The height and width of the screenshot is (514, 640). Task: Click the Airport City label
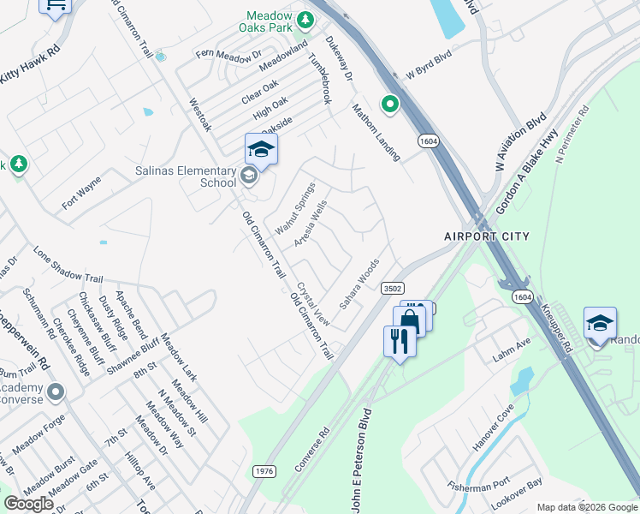pyautogui.click(x=486, y=236)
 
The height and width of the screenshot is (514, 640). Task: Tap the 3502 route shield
pyautogui.click(x=393, y=289)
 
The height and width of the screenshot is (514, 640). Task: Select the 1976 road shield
pyautogui.click(x=264, y=471)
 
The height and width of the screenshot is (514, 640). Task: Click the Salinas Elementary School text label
pyautogui.click(x=185, y=176)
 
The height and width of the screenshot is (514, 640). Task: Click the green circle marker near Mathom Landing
pyautogui.click(x=390, y=105)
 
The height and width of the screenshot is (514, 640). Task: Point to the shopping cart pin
pyautogui.click(x=56, y=7)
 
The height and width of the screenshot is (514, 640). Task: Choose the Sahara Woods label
pyautogui.click(x=359, y=284)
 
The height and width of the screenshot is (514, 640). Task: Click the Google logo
pyautogui.click(x=28, y=504)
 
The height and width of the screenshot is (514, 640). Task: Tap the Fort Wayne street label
pyautogui.click(x=81, y=194)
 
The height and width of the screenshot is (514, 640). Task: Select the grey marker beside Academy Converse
pyautogui.click(x=56, y=393)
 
